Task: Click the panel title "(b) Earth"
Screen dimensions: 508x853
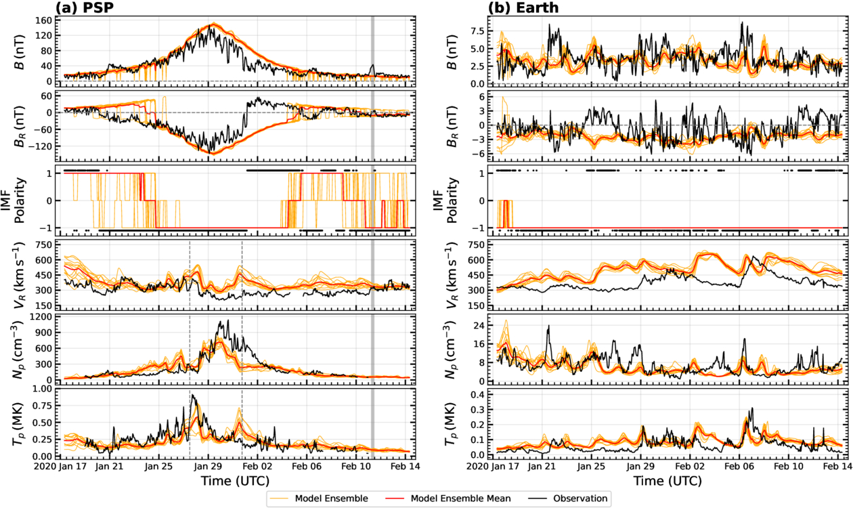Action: pos(517,8)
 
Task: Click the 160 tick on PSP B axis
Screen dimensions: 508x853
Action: pos(45,20)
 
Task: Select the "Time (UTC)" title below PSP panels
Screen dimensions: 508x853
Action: pos(235,481)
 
